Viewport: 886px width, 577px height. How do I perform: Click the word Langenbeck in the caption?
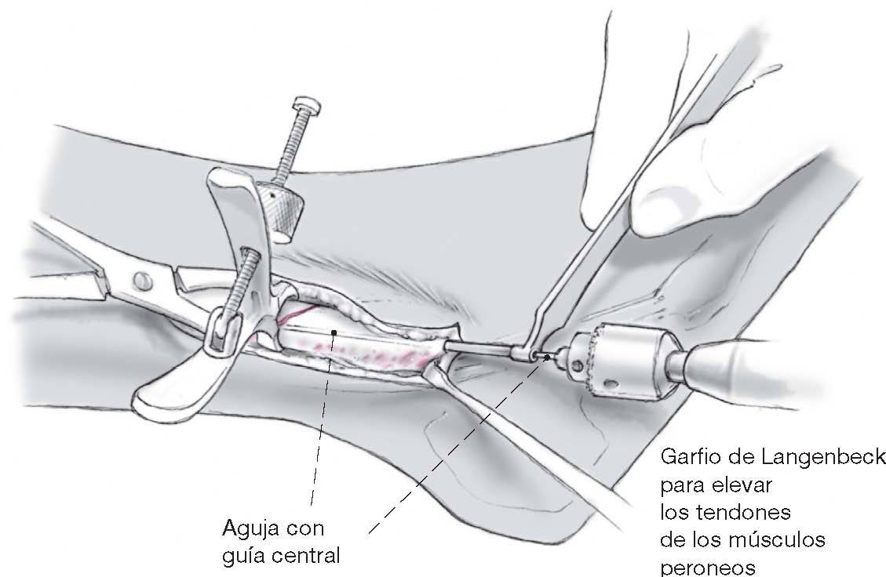tap(832, 457)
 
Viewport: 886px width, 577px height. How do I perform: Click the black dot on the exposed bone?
tap(334, 332)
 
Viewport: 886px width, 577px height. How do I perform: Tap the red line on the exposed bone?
tap(297, 314)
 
